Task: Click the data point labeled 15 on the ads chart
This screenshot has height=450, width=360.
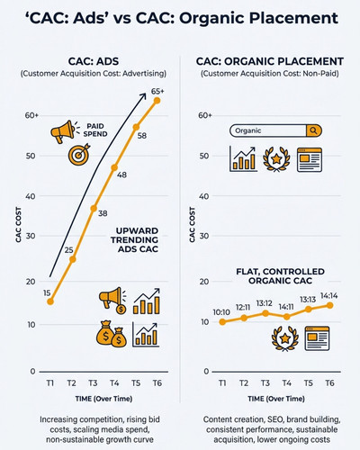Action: tap(50, 301)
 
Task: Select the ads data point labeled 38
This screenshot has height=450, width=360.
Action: tap(94, 208)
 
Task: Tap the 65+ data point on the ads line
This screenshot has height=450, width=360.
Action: tap(157, 101)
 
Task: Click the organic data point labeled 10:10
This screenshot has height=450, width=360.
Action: tap(222, 322)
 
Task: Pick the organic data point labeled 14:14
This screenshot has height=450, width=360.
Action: tap(329, 305)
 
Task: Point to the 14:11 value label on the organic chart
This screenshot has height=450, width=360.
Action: tap(286, 307)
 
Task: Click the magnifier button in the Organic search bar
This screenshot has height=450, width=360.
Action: tap(313, 130)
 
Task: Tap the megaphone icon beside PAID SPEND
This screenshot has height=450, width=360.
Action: tap(63, 131)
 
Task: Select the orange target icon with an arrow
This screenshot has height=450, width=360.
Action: tap(79, 155)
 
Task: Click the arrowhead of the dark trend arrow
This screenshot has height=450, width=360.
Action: tap(144, 96)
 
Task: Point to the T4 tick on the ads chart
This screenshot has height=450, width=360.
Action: tap(114, 383)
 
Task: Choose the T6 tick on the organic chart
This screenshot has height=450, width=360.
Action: tap(329, 383)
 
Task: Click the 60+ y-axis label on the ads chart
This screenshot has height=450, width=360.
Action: tap(31, 115)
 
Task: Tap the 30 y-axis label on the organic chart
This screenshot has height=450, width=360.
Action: tap(204, 236)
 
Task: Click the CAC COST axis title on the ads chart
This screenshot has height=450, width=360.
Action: tap(19, 225)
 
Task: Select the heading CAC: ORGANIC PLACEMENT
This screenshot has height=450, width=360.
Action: tap(270, 61)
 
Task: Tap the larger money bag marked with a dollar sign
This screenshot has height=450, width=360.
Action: tap(105, 333)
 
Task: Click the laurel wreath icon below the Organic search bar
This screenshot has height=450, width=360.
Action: tap(276, 159)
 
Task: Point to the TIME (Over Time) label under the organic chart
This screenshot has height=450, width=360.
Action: tap(276, 399)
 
